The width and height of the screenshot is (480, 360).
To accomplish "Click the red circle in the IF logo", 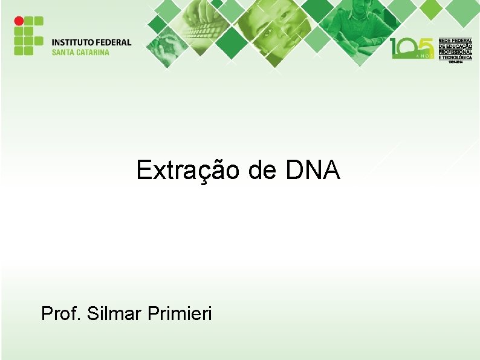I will coord(19,21).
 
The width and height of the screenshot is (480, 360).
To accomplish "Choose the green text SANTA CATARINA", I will coord(80,52).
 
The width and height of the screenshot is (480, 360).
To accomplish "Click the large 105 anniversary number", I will coord(412,47).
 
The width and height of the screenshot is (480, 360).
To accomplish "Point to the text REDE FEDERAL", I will coord(455,40).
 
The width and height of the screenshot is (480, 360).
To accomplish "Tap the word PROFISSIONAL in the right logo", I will coord(455,51).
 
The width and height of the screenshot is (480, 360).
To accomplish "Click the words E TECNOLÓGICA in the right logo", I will coord(455,57).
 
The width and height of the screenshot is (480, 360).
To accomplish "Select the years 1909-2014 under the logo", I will coord(455,63).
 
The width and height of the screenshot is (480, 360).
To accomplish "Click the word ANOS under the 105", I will coord(423,56).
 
